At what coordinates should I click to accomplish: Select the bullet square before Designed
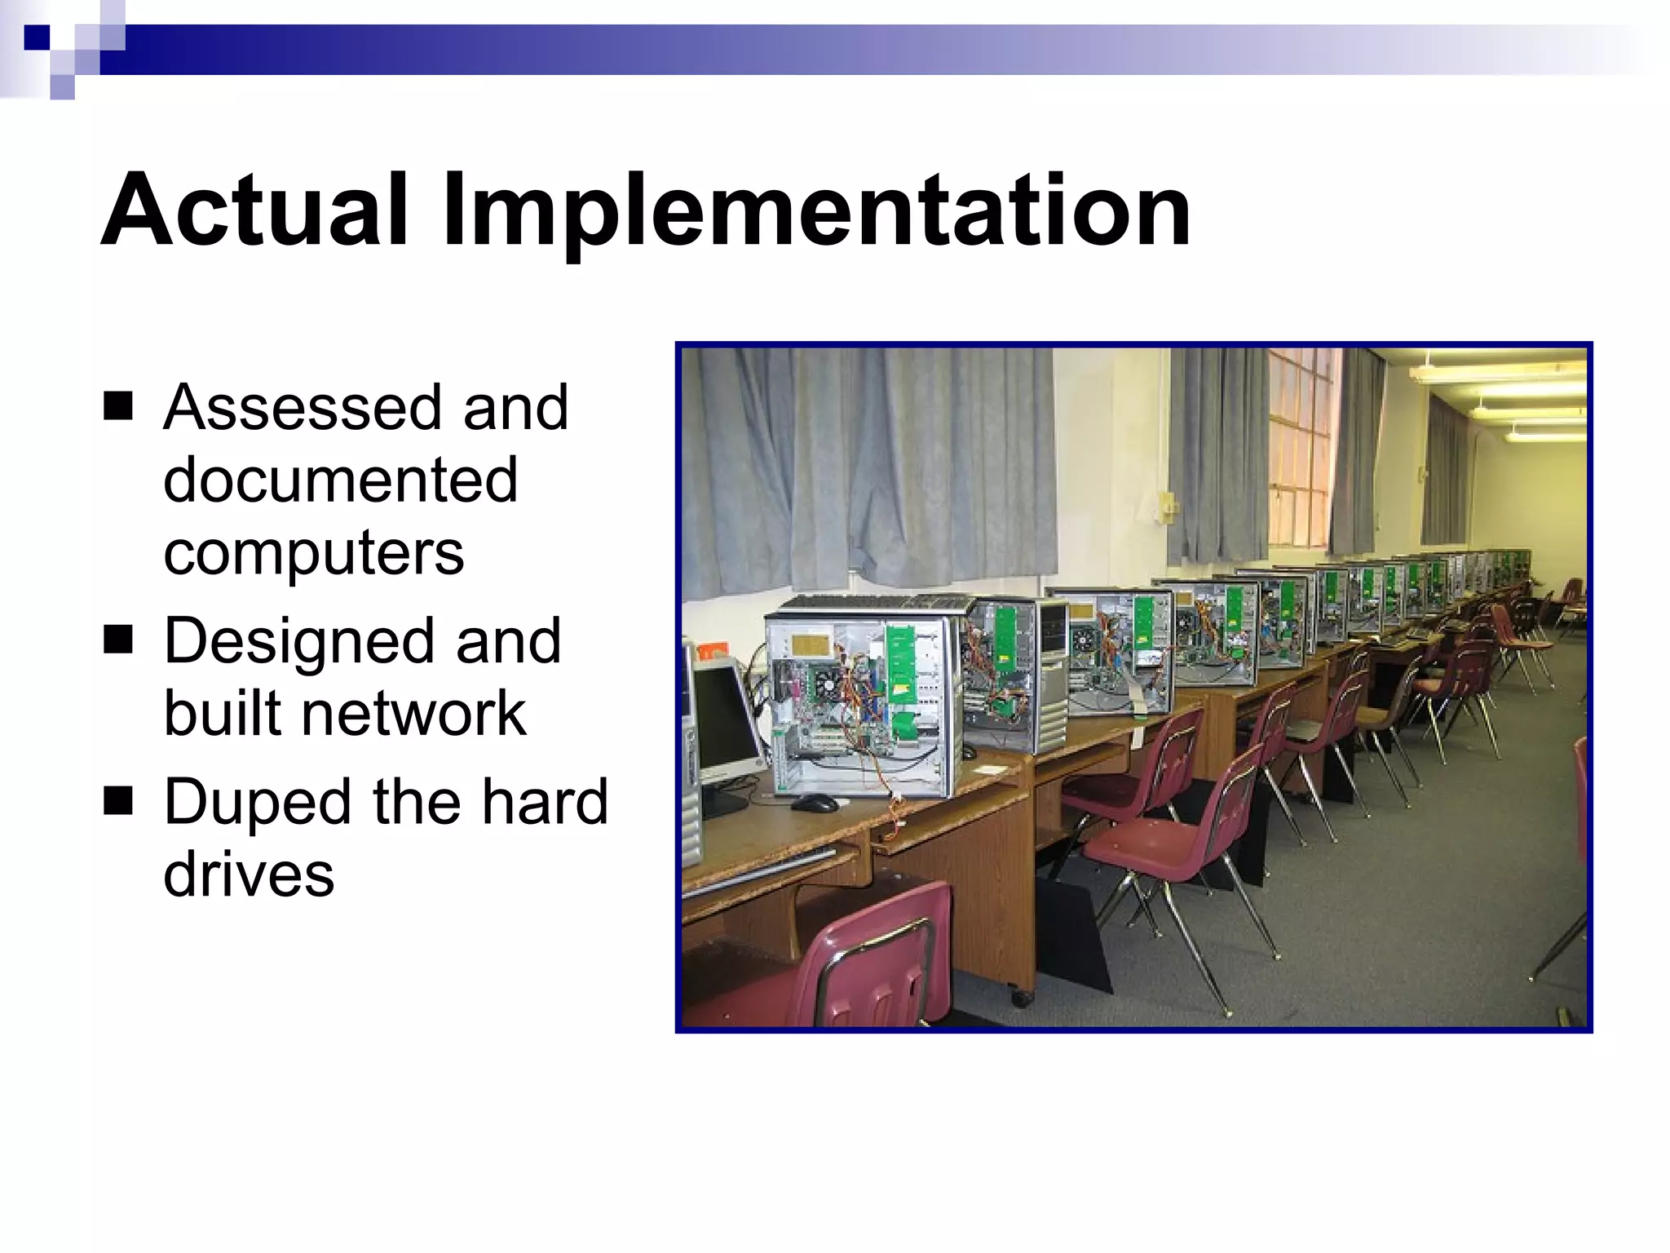pos(118,640)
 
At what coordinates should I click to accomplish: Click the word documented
pos(340,480)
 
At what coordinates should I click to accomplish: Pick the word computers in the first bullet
pos(313,553)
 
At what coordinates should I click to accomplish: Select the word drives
pos(249,874)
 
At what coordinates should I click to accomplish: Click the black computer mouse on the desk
pos(814,803)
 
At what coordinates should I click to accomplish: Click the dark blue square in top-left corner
pos(37,38)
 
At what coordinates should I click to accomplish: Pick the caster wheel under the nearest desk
pos(1019,997)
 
